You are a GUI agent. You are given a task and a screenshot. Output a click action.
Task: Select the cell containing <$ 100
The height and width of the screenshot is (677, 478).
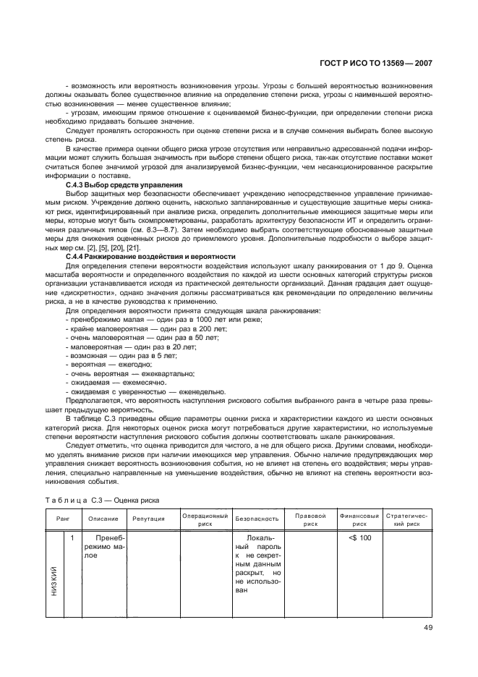(359, 538)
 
